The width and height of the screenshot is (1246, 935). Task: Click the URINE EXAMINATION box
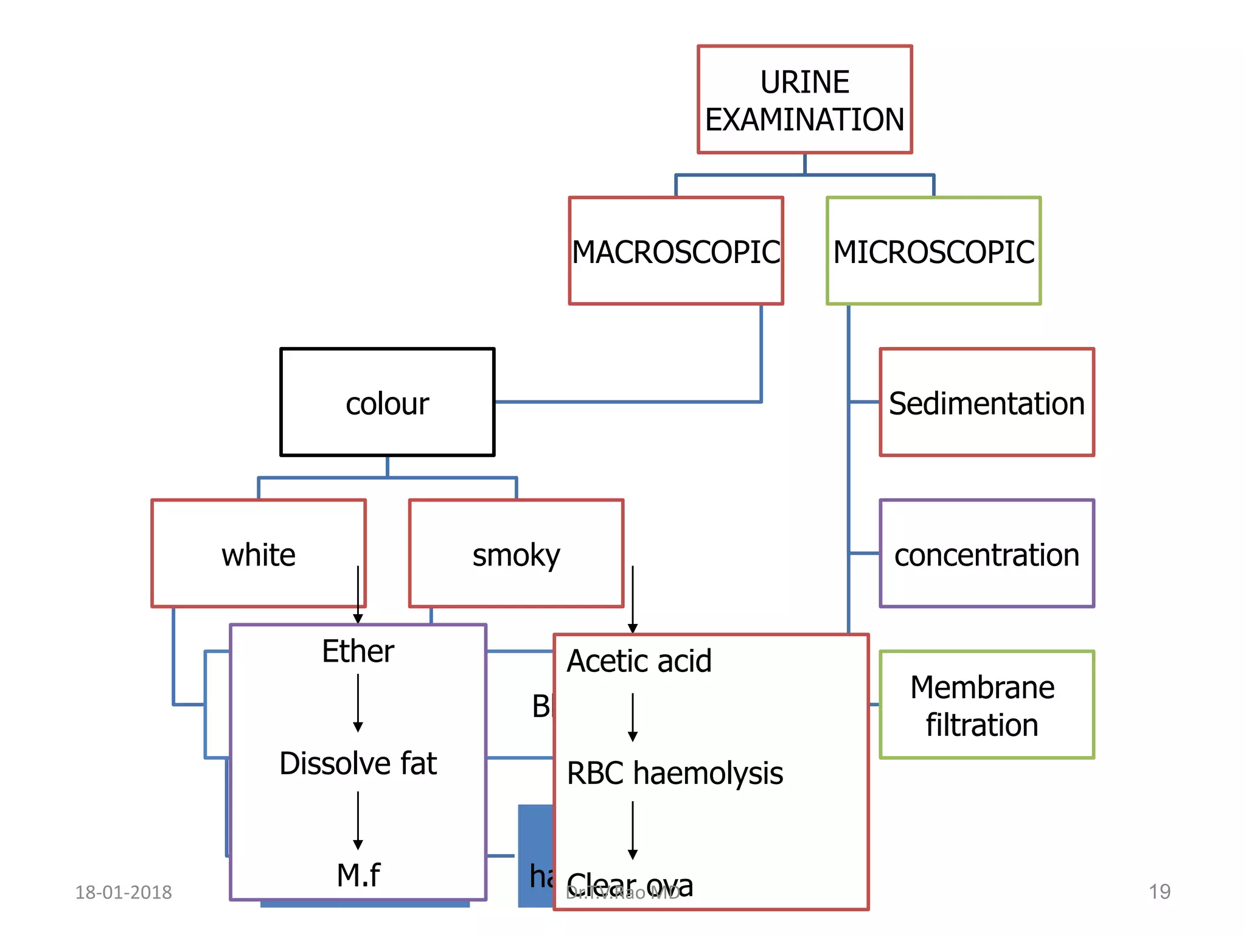pyautogui.click(x=804, y=100)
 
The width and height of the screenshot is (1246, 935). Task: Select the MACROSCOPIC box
pyautogui.click(x=675, y=251)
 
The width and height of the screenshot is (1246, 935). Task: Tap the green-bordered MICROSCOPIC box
pyautogui.click(x=933, y=251)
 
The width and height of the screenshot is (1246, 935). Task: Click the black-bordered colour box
pyautogui.click(x=387, y=402)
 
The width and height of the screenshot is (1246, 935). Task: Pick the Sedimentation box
pyautogui.click(x=986, y=402)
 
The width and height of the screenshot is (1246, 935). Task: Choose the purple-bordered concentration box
pyautogui.click(x=986, y=554)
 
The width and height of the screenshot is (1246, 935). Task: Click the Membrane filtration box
pyautogui.click(x=986, y=705)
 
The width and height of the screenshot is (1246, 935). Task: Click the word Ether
pyautogui.click(x=358, y=651)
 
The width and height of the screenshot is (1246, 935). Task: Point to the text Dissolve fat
pyautogui.click(x=358, y=763)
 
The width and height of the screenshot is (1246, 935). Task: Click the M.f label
pyautogui.click(x=358, y=875)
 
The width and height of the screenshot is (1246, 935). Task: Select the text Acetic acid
pyautogui.click(x=639, y=661)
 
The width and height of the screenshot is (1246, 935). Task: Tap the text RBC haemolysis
pyautogui.click(x=674, y=773)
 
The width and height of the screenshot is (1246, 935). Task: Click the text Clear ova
pyautogui.click(x=630, y=884)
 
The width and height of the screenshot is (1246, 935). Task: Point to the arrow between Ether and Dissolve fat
pyautogui.click(x=358, y=703)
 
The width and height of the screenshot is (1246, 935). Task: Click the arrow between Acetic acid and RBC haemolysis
pyautogui.click(x=633, y=717)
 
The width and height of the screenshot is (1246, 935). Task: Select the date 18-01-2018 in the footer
pyautogui.click(x=124, y=892)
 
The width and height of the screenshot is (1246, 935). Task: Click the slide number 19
pyautogui.click(x=1159, y=892)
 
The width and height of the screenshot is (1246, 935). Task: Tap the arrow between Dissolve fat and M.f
pyautogui.click(x=358, y=820)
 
